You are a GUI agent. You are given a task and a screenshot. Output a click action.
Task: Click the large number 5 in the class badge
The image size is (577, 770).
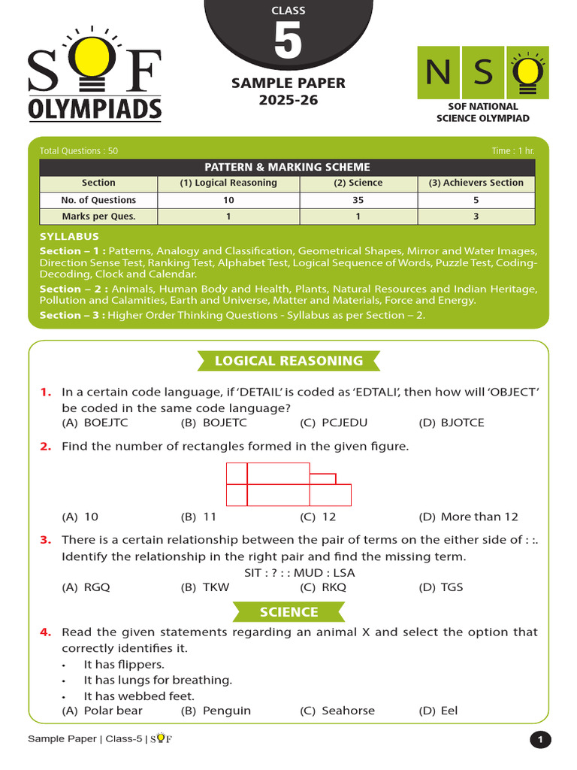(x=288, y=43)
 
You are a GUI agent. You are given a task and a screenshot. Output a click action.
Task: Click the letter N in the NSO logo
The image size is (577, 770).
(x=438, y=72)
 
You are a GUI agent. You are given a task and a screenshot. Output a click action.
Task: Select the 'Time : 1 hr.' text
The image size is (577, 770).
(x=513, y=151)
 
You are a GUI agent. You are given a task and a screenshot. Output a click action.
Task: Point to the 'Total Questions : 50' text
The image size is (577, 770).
(x=79, y=151)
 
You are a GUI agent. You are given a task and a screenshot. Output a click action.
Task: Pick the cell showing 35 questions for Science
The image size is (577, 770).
(x=358, y=200)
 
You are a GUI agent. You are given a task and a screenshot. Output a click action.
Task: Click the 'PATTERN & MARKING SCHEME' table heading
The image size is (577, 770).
(x=288, y=167)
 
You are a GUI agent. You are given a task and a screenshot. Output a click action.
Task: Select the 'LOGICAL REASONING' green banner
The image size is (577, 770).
(x=288, y=361)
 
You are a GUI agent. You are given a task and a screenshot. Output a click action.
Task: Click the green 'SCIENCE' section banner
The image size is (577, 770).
(x=288, y=612)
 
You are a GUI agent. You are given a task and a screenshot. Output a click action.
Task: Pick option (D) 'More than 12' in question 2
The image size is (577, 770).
(x=469, y=517)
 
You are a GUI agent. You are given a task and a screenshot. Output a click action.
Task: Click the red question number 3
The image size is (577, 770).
(x=46, y=540)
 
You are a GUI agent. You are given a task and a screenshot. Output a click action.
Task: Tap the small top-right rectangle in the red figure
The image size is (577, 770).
(x=323, y=479)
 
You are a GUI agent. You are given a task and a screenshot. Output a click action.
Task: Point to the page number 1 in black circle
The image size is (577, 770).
(x=539, y=741)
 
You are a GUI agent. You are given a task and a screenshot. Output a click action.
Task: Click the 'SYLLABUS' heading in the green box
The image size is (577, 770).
(x=69, y=236)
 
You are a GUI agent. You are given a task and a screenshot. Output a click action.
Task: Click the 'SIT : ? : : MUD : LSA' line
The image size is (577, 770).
(x=300, y=572)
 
